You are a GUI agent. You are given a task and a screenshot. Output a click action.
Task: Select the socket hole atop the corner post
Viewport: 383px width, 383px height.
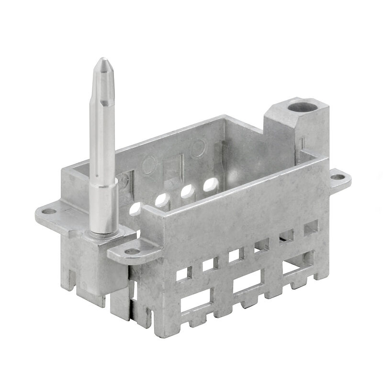pyautogui.click(x=300, y=105)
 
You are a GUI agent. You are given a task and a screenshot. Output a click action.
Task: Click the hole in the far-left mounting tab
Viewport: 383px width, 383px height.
pyautogui.click(x=49, y=211)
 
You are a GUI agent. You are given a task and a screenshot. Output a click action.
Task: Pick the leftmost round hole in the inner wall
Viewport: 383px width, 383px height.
pyautogui.click(x=135, y=208)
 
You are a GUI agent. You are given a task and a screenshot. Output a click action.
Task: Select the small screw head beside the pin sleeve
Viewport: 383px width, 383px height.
pyautogui.click(x=124, y=181)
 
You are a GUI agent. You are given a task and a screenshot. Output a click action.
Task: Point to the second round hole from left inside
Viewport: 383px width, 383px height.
pyautogui.click(x=161, y=199)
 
